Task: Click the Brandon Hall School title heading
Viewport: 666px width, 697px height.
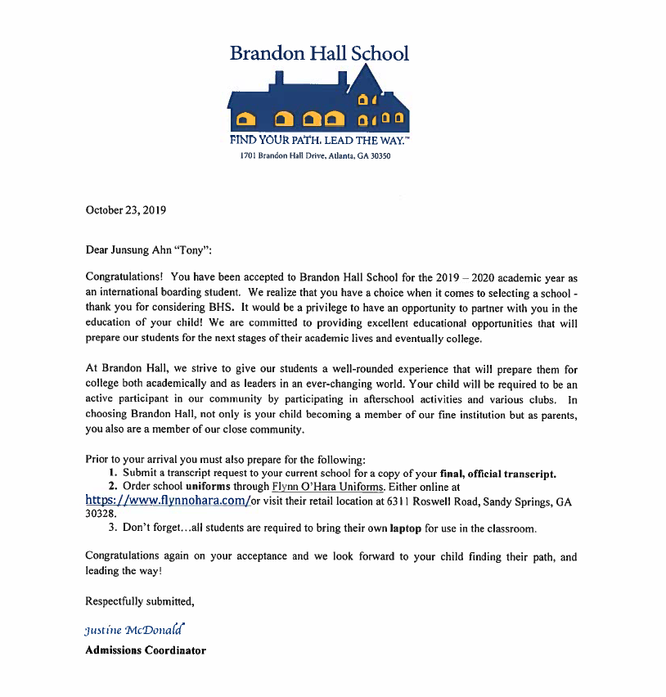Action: pyautogui.click(x=319, y=54)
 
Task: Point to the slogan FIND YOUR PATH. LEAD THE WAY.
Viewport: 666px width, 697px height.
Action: pyautogui.click(x=319, y=142)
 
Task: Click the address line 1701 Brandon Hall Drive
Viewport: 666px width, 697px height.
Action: pyautogui.click(x=315, y=156)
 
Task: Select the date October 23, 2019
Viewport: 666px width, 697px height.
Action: pyautogui.click(x=126, y=210)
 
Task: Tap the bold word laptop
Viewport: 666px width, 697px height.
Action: pyautogui.click(x=405, y=528)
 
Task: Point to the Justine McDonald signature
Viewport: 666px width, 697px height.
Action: pyautogui.click(x=135, y=630)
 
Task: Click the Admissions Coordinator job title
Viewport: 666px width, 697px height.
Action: pyautogui.click(x=146, y=650)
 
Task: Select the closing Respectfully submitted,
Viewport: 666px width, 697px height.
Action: pyautogui.click(x=140, y=601)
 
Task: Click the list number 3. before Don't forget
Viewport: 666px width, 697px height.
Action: pyautogui.click(x=113, y=528)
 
